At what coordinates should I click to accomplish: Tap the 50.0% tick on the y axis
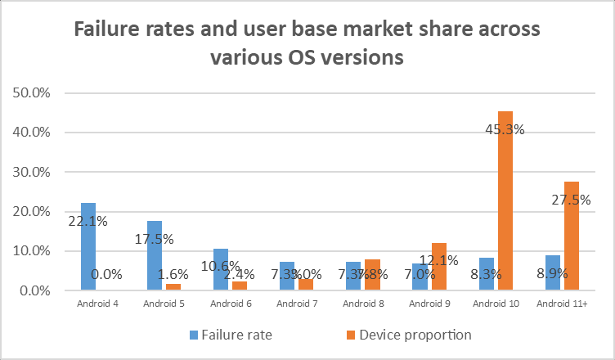(x=33, y=92)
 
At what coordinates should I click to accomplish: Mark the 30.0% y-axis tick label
(x=33, y=172)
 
